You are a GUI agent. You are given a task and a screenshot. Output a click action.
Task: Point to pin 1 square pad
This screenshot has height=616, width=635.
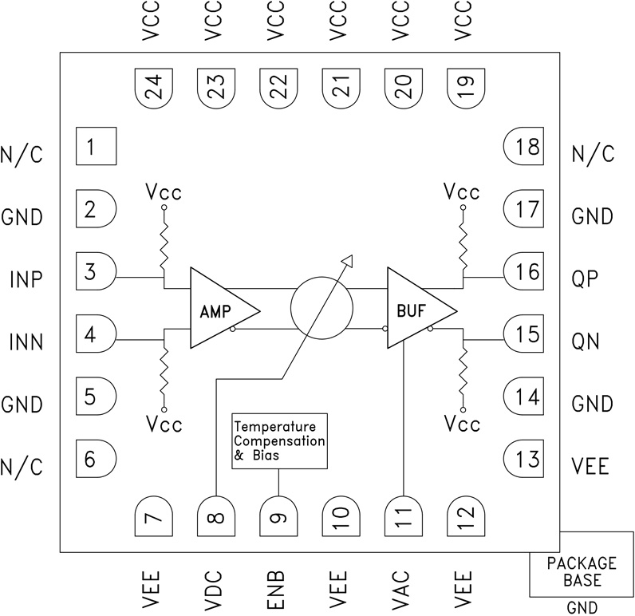click(96, 147)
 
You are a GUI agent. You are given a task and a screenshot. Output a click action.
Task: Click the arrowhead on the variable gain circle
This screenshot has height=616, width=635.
click(346, 259)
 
